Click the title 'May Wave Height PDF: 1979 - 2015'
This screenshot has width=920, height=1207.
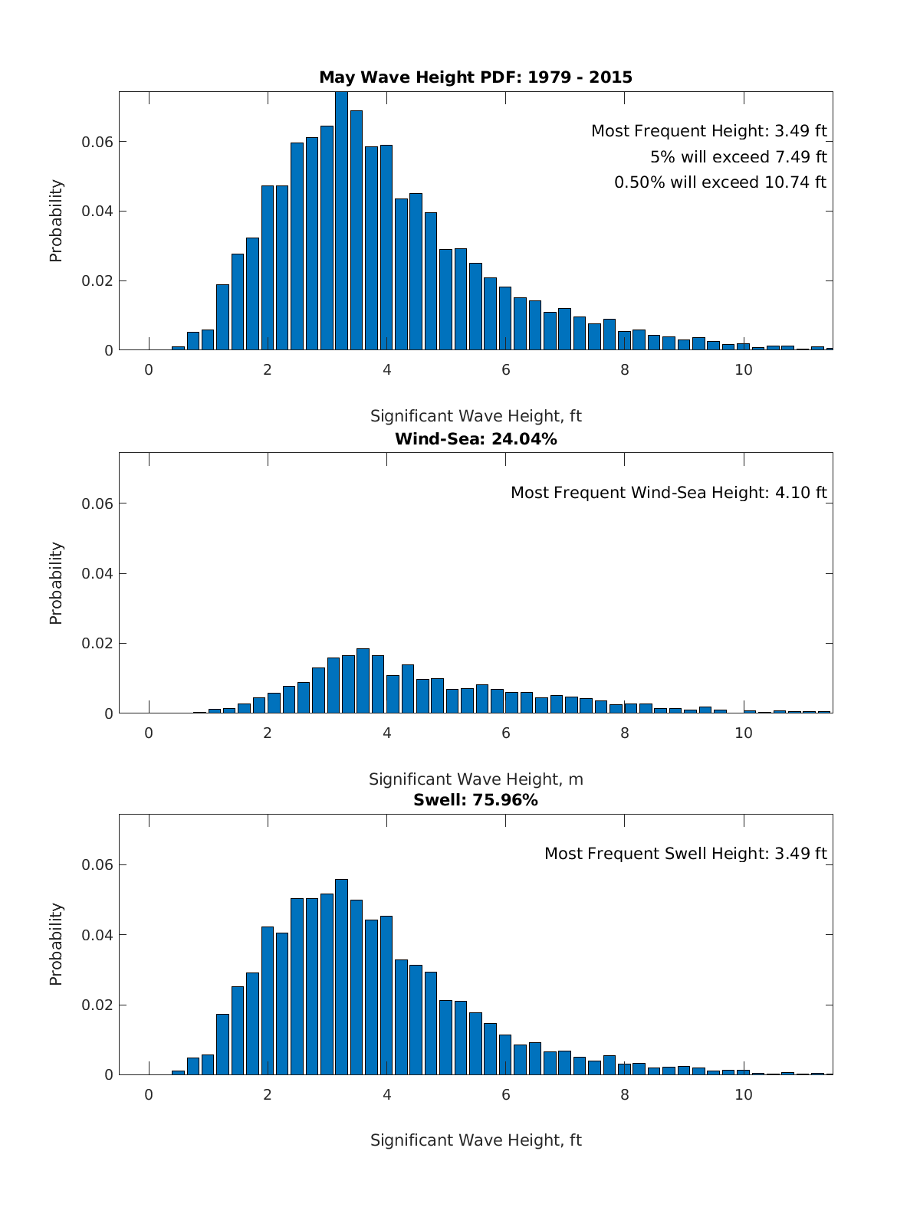[x=475, y=77]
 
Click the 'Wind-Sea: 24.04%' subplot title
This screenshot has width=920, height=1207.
[x=475, y=439]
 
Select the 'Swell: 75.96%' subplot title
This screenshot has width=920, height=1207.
[x=475, y=800]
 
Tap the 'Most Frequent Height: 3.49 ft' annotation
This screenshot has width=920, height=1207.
[x=708, y=131]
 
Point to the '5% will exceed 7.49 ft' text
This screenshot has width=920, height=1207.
[x=738, y=157]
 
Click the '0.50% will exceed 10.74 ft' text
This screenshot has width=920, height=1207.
[x=720, y=182]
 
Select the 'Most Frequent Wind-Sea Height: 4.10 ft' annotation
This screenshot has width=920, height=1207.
[x=669, y=493]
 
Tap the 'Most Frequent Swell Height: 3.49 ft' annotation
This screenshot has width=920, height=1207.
[x=685, y=854]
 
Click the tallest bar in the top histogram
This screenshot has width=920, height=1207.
[x=341, y=222]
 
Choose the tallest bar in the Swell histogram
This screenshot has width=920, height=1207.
[x=341, y=977]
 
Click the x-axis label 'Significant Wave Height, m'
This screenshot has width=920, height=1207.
[x=475, y=779]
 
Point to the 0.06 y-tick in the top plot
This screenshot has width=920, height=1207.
[x=97, y=143]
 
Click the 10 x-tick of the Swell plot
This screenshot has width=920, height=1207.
[x=744, y=1094]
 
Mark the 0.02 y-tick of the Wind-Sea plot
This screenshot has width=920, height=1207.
[x=97, y=644]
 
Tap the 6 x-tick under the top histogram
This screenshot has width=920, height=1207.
[x=506, y=369]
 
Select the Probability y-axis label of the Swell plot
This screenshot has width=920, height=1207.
[x=56, y=944]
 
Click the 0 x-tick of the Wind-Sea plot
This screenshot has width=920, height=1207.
[x=149, y=733]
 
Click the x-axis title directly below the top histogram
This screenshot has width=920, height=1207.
[x=475, y=416]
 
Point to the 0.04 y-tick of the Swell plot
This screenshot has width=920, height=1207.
[x=97, y=935]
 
